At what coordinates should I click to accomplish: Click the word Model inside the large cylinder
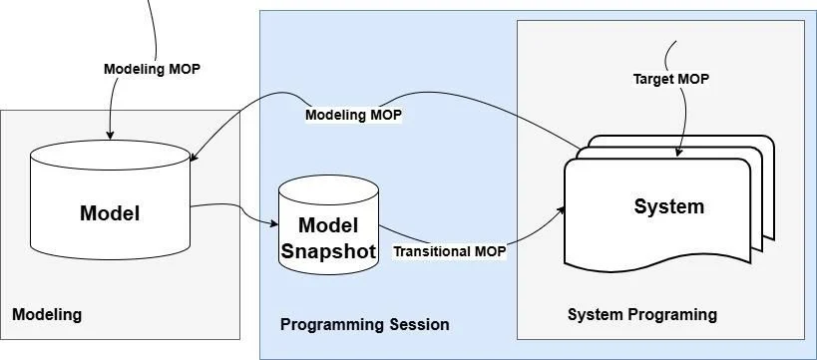point(110,213)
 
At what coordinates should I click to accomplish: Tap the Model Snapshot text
point(328,238)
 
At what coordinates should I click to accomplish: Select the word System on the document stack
point(669,206)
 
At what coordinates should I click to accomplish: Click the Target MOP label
point(671,79)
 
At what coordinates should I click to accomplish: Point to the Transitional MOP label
point(449,251)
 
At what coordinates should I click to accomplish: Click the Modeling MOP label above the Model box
point(152,69)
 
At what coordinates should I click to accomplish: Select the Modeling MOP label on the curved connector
point(353,115)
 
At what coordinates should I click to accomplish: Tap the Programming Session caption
point(365,324)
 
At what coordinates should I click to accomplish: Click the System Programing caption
point(642,315)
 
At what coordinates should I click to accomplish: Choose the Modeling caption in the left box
point(47,315)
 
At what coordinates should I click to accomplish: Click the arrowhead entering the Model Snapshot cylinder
point(274,224)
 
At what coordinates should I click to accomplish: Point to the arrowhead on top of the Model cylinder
point(110,136)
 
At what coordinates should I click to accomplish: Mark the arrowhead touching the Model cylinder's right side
point(194,157)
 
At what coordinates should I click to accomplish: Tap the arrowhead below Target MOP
point(678,152)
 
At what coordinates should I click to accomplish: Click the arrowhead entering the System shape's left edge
point(562,209)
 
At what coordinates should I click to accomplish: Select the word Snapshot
point(328,251)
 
